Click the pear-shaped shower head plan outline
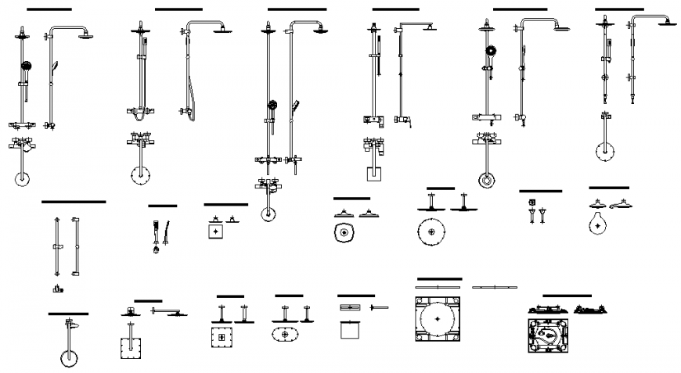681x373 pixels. point(598,224)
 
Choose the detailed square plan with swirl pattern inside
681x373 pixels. point(553,337)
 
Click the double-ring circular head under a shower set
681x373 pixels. point(487,181)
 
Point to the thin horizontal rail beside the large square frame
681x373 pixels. point(495,287)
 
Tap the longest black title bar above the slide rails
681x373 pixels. point(73,202)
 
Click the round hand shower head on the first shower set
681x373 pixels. point(26,66)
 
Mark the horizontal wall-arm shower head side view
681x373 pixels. point(168,312)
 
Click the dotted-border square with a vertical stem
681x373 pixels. point(130,346)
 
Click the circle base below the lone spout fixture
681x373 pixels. point(68,359)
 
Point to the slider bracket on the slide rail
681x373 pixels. point(57,248)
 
